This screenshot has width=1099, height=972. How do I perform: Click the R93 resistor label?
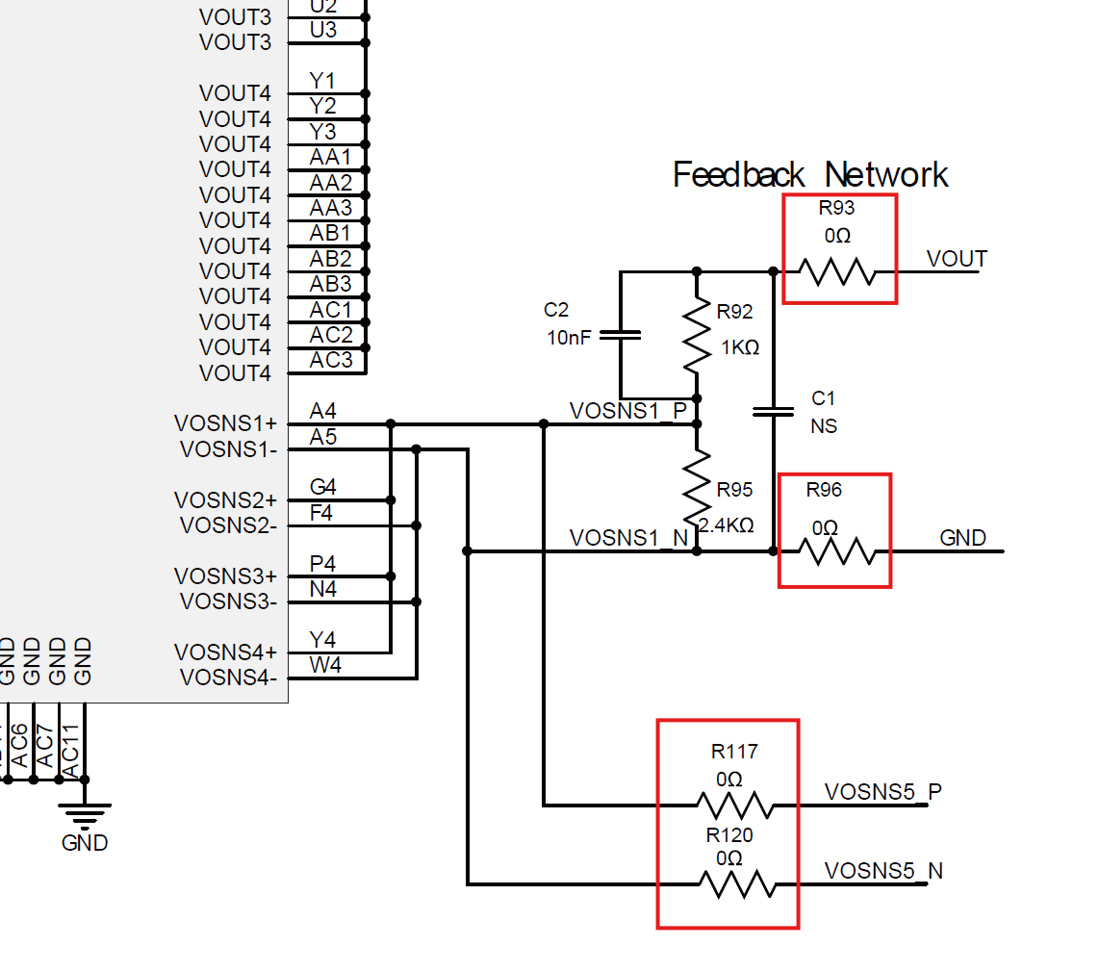[x=836, y=208]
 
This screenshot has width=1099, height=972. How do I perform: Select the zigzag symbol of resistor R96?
[x=837, y=552]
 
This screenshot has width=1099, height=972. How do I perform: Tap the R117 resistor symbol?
[x=734, y=805]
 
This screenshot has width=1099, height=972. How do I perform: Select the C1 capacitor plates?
[x=774, y=412]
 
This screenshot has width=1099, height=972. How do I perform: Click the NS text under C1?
[x=824, y=425]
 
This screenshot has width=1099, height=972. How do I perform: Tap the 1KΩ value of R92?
[x=740, y=347]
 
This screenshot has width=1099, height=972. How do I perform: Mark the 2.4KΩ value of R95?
[x=726, y=525]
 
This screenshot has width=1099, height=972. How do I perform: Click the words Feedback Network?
[x=810, y=175]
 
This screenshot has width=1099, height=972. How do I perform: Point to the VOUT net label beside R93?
[x=957, y=259]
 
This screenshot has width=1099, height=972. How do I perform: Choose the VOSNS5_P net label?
[x=882, y=792]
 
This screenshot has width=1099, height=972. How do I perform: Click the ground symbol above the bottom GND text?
[x=85, y=815]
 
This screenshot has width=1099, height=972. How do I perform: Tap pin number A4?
[x=323, y=412]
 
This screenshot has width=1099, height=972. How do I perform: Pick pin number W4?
[x=325, y=665]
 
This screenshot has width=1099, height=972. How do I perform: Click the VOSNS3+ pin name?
[x=225, y=576]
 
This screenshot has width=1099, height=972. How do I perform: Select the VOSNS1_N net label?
[x=628, y=538]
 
